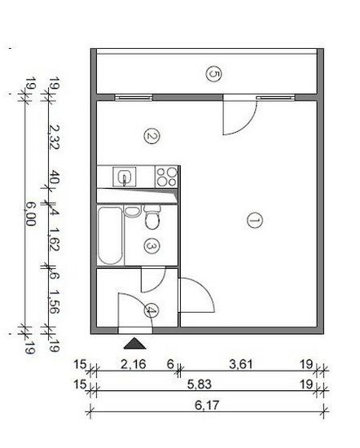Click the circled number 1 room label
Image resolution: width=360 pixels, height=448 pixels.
click(x=255, y=220)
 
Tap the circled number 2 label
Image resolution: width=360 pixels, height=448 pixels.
click(x=151, y=136)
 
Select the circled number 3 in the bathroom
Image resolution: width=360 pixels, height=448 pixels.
click(x=151, y=246)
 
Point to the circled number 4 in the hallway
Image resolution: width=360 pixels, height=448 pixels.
click(x=151, y=311)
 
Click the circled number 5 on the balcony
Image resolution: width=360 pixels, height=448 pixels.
click(x=214, y=74)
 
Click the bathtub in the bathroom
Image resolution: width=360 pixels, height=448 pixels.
click(x=110, y=235)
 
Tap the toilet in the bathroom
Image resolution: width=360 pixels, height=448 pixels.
click(x=152, y=217)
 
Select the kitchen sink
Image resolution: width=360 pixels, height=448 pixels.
click(x=125, y=177)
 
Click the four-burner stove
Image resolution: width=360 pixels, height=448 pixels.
click(x=166, y=177)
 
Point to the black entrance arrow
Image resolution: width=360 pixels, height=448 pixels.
click(x=134, y=344)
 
